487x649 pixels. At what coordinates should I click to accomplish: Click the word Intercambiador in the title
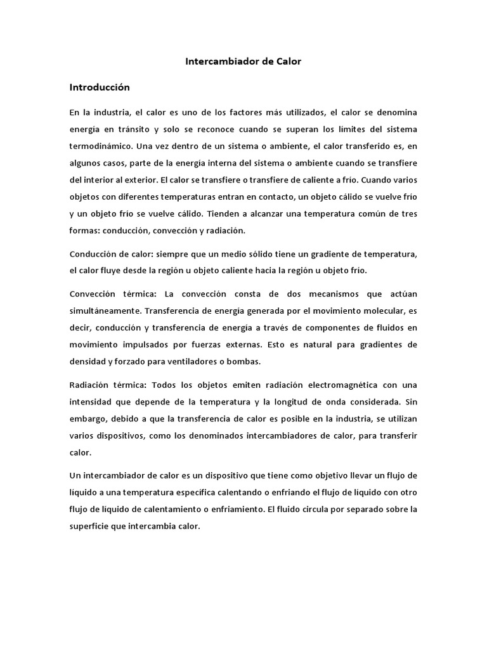tap(216, 62)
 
